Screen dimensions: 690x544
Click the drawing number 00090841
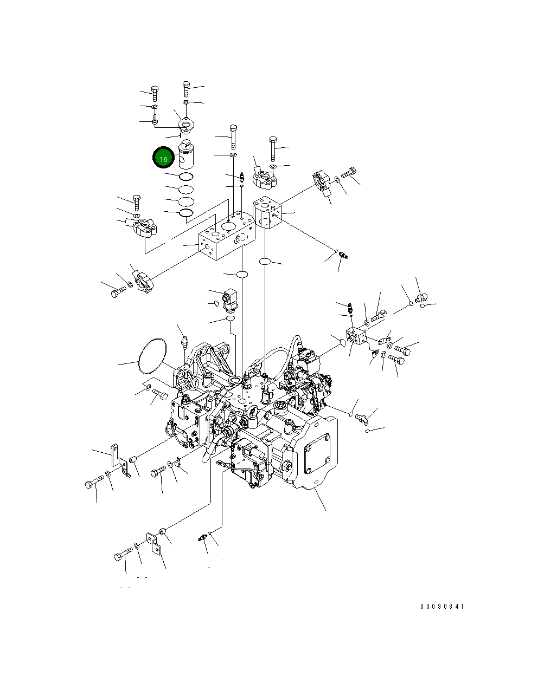tap(442, 607)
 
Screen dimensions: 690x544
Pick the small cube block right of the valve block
tap(268, 213)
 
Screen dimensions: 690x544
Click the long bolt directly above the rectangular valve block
tap(233, 137)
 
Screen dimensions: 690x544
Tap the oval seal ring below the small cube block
tap(265, 262)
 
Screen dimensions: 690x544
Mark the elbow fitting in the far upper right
tap(421, 297)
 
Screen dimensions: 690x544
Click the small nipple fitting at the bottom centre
tap(202, 539)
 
